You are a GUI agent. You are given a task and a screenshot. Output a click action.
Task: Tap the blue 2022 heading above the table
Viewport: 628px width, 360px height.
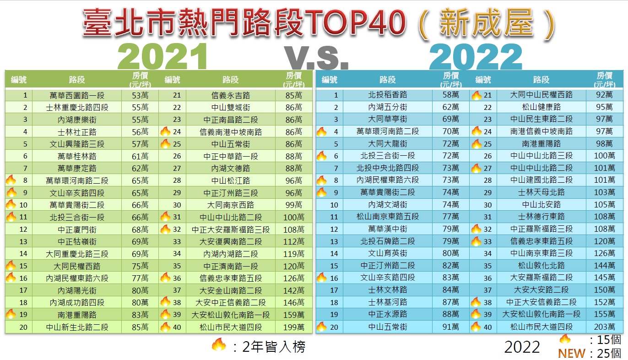pos(476,57)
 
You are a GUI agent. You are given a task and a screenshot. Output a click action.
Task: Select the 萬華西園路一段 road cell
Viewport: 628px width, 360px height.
pos(77,95)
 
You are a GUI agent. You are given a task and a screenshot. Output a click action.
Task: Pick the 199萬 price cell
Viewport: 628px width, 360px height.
pos(293,327)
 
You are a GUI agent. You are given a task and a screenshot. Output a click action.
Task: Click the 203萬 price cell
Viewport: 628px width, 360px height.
pos(605,327)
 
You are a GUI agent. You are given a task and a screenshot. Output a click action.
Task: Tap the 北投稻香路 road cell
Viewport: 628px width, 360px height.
pos(387,95)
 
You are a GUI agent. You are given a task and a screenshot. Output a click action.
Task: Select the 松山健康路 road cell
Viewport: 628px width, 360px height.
pos(541,107)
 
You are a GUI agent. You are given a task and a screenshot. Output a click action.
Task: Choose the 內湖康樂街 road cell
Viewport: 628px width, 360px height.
pos(77,120)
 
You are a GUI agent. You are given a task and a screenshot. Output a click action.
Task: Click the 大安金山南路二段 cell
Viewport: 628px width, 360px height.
pos(231,290)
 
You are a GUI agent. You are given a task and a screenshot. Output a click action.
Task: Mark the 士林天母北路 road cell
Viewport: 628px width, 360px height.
pos(541,192)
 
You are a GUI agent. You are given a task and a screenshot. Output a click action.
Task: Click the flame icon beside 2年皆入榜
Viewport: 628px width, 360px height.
pos(219,345)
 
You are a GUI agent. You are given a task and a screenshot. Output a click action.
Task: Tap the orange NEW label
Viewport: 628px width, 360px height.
pos(571,353)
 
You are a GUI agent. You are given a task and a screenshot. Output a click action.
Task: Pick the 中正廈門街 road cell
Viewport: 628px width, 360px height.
pos(77,229)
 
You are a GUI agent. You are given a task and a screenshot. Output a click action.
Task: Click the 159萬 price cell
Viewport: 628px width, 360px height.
pos(293,315)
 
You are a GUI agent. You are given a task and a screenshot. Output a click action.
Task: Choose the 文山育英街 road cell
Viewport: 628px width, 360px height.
pos(387,253)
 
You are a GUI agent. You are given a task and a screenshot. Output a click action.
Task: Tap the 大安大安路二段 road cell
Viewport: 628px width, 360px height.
pos(541,290)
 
